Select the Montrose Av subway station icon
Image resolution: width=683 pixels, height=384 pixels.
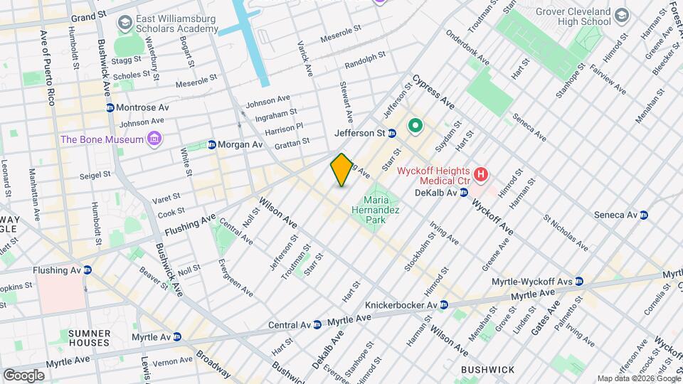[x=110, y=107]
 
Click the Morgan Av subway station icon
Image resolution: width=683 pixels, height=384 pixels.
[x=211, y=144]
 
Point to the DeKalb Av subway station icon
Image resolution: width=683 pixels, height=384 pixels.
[x=463, y=192]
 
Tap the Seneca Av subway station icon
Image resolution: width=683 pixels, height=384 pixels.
[x=644, y=215]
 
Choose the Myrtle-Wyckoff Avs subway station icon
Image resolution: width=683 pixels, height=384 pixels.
[x=579, y=281]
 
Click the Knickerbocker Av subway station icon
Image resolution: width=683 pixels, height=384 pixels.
[x=443, y=305]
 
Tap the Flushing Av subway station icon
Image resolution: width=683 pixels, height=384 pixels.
[x=87, y=270]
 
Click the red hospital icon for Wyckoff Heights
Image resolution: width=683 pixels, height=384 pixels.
[x=482, y=173]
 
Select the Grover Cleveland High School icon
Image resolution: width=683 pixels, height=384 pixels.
[x=622, y=16]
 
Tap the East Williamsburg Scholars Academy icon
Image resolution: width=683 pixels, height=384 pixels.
[x=125, y=23]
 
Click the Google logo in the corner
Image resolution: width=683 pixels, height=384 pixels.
[x=23, y=375]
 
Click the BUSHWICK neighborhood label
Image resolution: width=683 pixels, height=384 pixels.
[x=487, y=370]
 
